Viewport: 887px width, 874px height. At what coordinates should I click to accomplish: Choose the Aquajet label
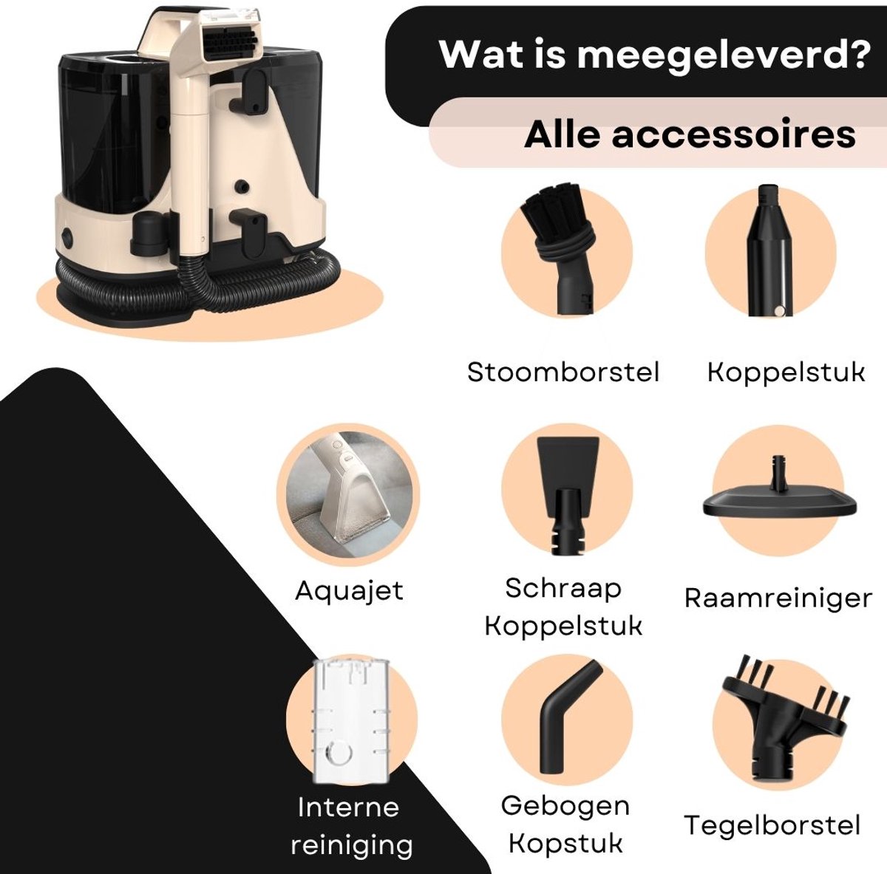pyautogui.click(x=349, y=590)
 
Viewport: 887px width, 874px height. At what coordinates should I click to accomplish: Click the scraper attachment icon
pyautogui.click(x=568, y=495)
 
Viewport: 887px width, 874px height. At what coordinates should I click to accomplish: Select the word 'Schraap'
pyautogui.click(x=563, y=589)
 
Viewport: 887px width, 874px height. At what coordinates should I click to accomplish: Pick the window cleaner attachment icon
pyautogui.click(x=780, y=493)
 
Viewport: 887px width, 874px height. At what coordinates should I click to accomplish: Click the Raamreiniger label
pyautogui.click(x=778, y=598)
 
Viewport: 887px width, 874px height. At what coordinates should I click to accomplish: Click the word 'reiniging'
pyautogui.click(x=352, y=845)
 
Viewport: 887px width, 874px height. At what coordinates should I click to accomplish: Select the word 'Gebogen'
pyautogui.click(x=565, y=806)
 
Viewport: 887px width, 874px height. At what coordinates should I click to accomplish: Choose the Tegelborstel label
pyautogui.click(x=772, y=825)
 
